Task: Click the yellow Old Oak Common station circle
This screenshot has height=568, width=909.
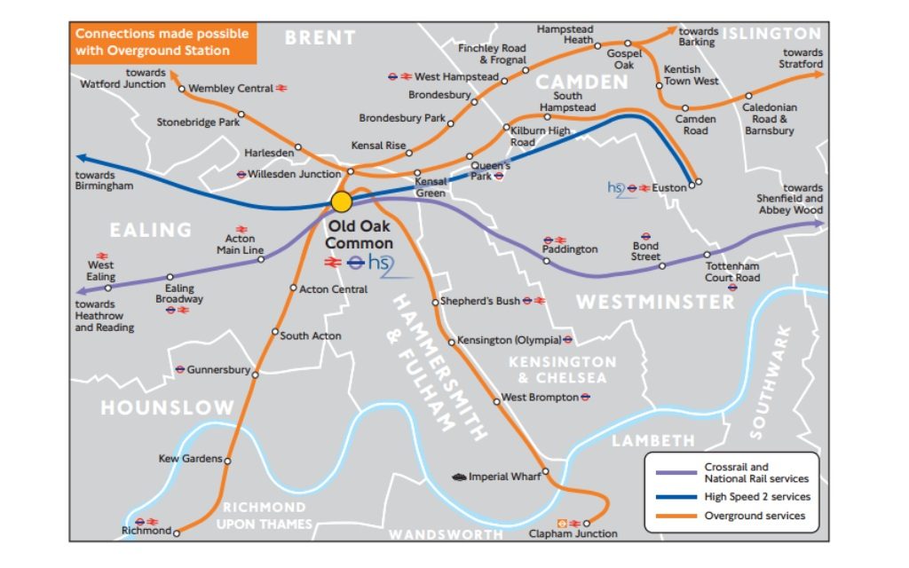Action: (x=341, y=202)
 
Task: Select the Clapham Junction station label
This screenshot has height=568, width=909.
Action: (x=573, y=534)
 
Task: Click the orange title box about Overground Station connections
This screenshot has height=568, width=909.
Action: (x=162, y=43)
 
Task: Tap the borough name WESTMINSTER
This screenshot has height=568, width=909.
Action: (x=655, y=303)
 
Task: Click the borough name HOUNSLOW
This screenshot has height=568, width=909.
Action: (x=167, y=408)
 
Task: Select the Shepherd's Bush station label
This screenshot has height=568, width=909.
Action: (x=480, y=302)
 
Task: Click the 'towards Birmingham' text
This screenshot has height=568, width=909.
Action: (x=104, y=181)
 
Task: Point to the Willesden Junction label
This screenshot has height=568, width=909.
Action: (x=295, y=174)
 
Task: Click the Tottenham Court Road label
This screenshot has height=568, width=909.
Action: (x=732, y=272)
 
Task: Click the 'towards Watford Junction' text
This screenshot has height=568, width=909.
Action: (x=123, y=79)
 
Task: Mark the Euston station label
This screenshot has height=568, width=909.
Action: (x=669, y=188)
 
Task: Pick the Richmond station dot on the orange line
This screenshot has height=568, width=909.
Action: (x=177, y=532)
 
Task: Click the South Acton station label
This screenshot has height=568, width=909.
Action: (x=311, y=335)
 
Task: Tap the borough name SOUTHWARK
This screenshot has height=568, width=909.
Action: (x=771, y=382)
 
